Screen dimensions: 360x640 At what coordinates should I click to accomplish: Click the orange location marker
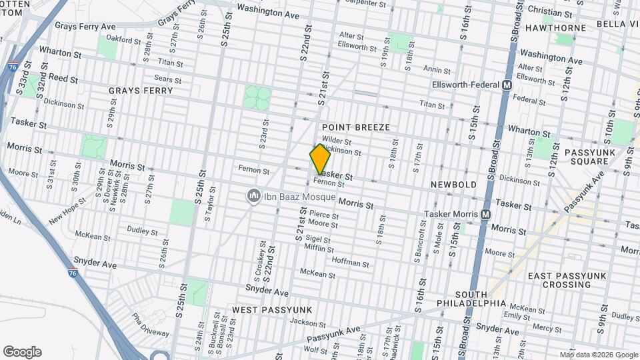pos(320,159)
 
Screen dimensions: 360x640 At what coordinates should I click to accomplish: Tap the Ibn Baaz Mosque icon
pos(253,196)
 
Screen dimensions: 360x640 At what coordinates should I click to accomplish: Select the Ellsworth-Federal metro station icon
pos(507,85)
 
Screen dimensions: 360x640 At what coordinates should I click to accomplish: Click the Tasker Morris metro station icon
pos(485,214)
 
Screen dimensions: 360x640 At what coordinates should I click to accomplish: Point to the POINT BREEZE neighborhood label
pos(355,127)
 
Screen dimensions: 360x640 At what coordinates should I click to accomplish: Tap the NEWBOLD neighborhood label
pos(453,184)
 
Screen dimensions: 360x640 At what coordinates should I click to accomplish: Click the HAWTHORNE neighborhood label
pos(555,28)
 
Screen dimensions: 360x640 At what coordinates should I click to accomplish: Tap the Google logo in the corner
pos(22,352)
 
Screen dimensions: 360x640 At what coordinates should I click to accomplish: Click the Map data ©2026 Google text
pos(598,355)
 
